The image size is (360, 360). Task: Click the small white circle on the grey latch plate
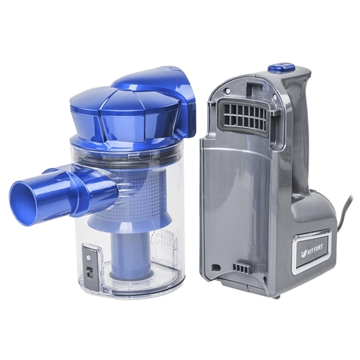coord(89,258)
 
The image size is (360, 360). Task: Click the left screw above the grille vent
coord(226,91)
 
